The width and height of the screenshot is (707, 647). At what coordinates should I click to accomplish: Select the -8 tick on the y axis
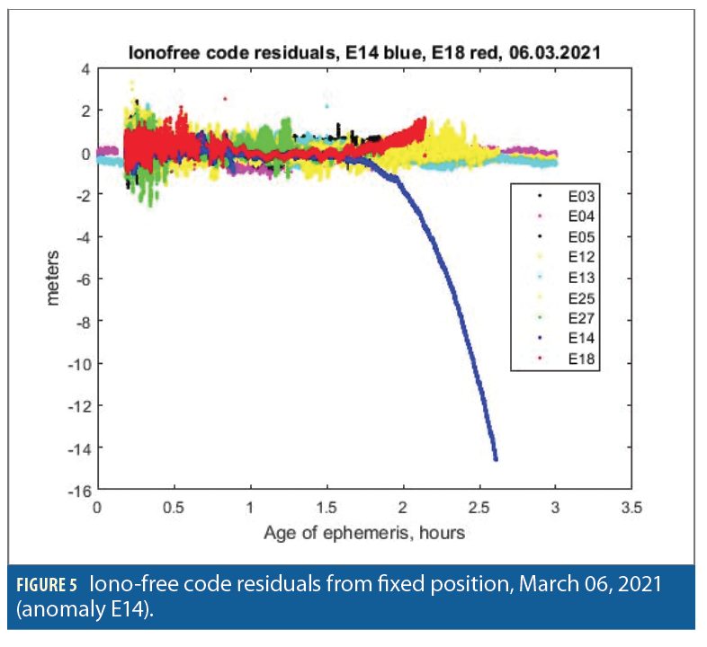(80, 321)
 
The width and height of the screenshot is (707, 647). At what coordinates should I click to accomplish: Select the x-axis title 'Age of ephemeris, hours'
(364, 533)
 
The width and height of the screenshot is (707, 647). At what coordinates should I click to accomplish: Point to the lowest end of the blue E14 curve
(495, 458)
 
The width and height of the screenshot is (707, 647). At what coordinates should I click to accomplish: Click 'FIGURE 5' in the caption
(49, 583)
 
